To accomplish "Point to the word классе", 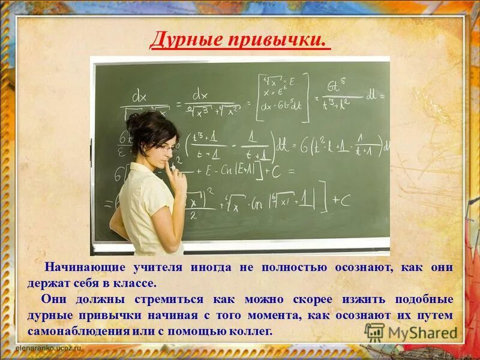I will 136,283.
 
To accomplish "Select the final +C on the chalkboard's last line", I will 341,201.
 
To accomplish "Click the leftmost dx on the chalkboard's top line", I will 139,96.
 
